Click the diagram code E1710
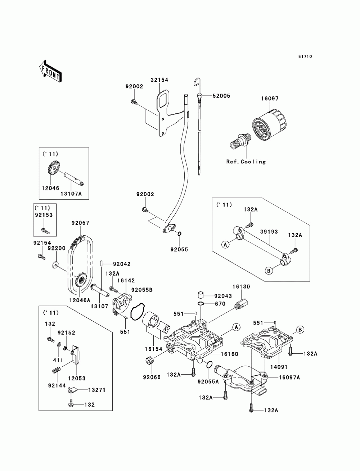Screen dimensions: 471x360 (x=305, y=56)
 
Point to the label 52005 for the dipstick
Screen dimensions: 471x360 (x=221, y=96)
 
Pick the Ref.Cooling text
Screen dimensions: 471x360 (x=246, y=162)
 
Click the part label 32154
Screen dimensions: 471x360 (x=160, y=80)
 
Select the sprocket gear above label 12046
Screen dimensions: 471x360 (x=53, y=168)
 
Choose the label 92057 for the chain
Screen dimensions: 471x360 (x=80, y=223)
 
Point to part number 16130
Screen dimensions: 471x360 (x=241, y=287)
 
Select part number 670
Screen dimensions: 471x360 (x=220, y=304)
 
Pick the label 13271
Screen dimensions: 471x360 (x=87, y=390)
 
